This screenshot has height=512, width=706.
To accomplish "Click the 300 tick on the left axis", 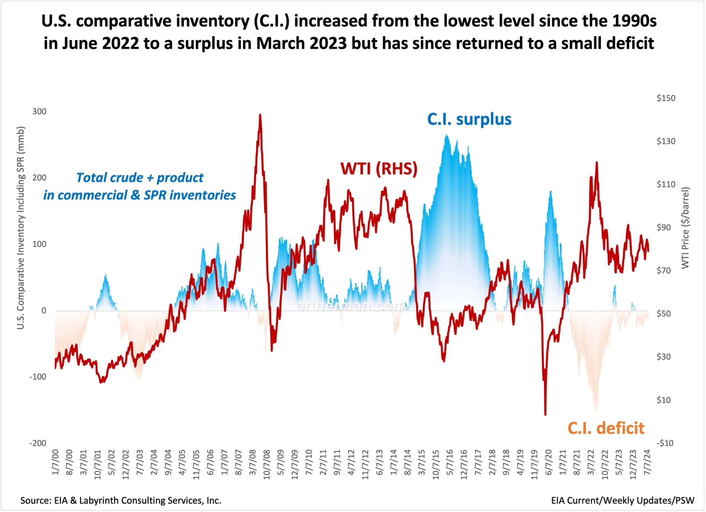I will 39,111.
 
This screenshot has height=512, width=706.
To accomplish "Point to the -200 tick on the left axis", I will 38,443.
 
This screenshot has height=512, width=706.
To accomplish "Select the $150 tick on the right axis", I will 666,98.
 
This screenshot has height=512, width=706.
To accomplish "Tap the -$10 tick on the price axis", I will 665,443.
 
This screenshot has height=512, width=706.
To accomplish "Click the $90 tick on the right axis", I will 665,227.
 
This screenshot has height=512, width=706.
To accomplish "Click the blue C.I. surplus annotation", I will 469,119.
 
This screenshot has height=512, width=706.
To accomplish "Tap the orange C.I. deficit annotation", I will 606,428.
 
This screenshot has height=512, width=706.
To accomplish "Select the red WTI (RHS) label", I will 379,169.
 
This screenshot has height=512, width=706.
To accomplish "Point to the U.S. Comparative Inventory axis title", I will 20,228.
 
